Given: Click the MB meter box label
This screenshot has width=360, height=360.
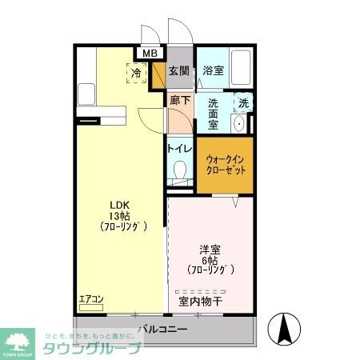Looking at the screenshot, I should [150, 54].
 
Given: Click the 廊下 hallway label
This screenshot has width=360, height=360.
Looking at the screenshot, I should [179, 101].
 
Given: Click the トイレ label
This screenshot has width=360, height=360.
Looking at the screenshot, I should [178, 147].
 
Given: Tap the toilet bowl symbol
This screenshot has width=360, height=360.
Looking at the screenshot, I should [180, 170].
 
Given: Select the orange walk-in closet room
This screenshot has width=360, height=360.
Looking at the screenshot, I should [225, 165].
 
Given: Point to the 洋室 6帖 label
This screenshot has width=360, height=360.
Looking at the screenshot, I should [210, 258].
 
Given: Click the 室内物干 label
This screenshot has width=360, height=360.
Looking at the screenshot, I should [201, 302].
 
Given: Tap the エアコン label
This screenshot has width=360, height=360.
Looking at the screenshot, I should [91, 300].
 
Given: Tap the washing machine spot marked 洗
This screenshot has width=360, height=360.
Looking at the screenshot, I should [243, 102].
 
